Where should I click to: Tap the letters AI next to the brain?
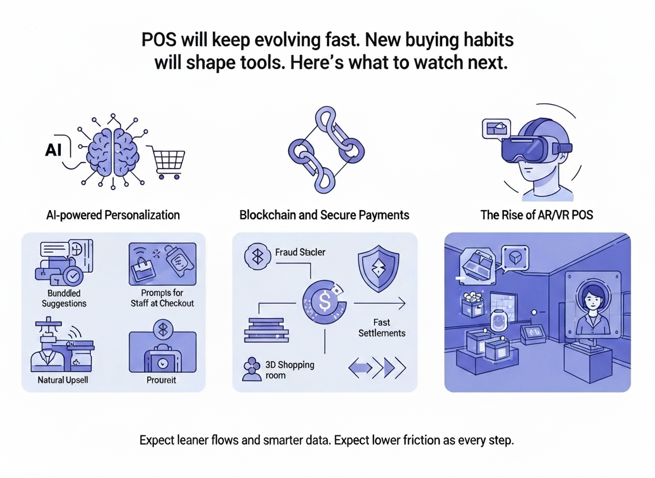pos(54,150)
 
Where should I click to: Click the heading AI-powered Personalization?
pos(113,215)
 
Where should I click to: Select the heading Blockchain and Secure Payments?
pos(324,215)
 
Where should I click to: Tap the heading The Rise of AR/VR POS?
pos(537,215)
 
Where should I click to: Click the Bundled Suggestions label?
pos(64,298)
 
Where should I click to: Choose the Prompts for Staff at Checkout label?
pos(162,298)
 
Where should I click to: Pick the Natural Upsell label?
pos(63,380)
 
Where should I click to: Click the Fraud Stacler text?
pos(300,252)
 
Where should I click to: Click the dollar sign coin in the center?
pos(324,302)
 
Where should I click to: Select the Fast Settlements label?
pos(382,328)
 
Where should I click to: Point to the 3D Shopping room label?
pos(290,370)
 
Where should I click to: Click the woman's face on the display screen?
pos(590,302)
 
